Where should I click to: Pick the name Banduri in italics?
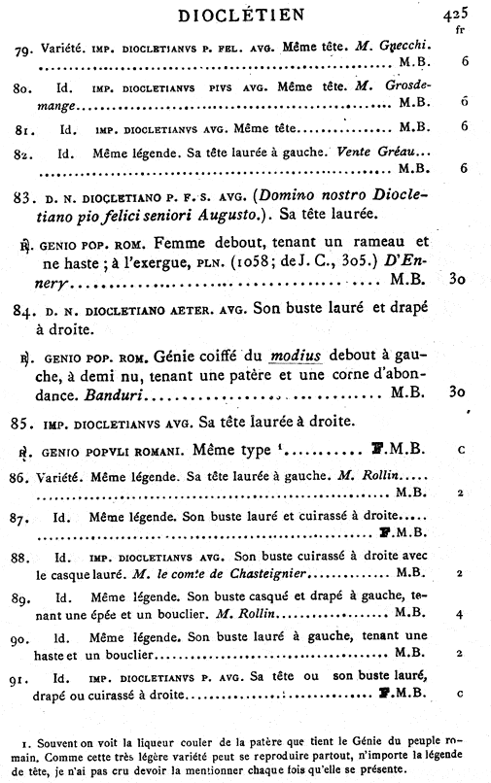[109, 395]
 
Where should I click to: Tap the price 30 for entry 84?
[460, 395]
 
